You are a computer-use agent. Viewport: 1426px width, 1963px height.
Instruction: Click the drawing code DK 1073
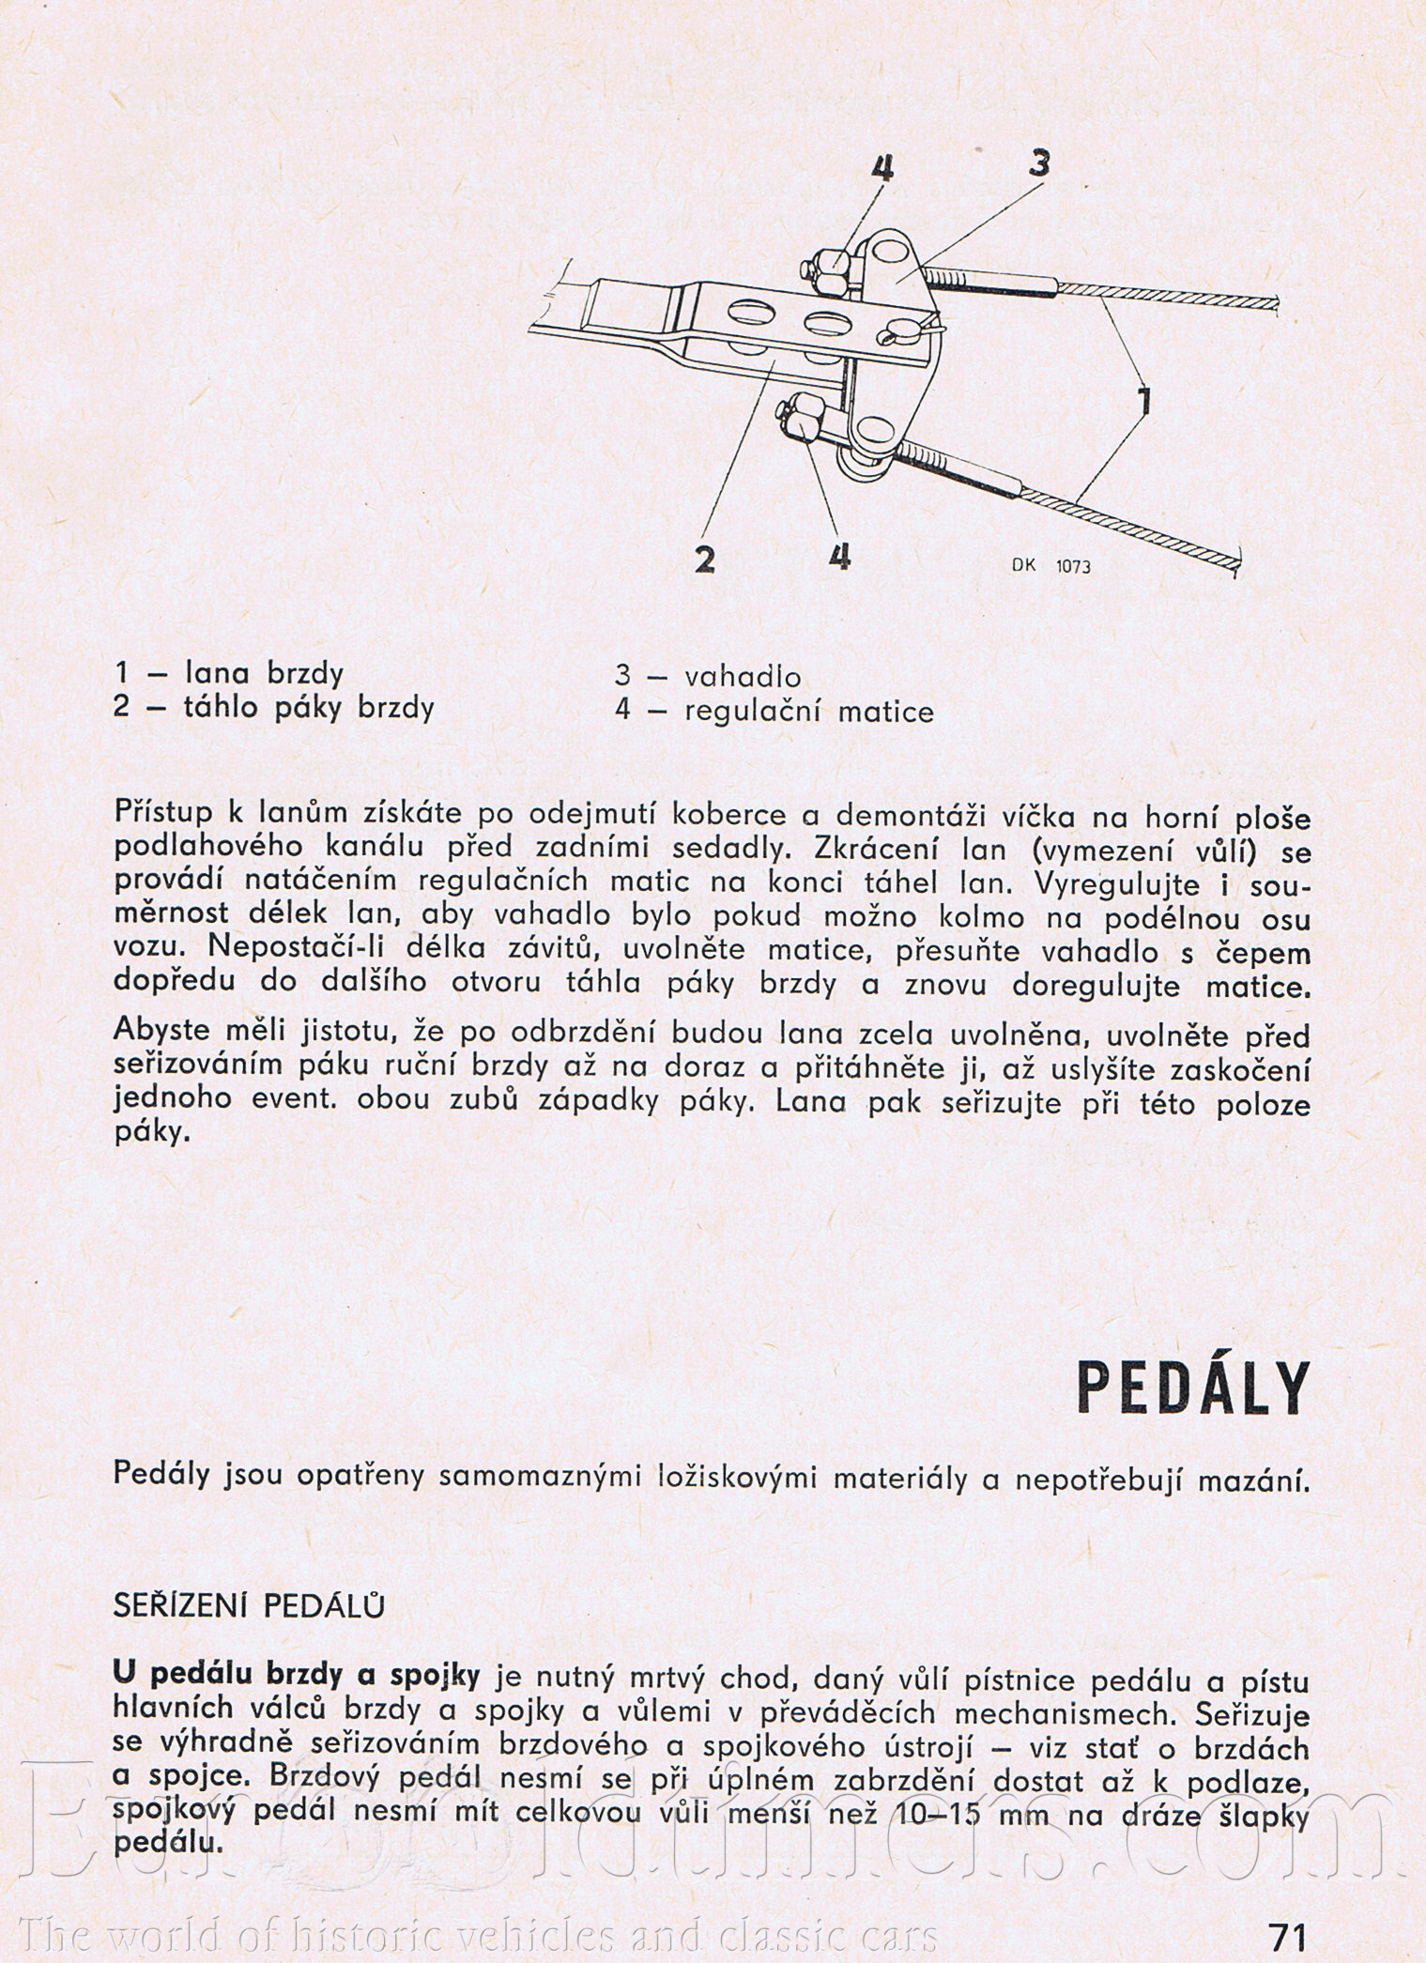click(x=1050, y=567)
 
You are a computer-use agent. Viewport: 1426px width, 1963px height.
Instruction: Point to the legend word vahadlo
click(x=743, y=676)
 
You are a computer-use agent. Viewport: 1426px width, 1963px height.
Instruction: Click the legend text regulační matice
click(x=809, y=712)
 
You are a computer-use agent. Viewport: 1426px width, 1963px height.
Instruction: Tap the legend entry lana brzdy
click(x=266, y=673)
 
